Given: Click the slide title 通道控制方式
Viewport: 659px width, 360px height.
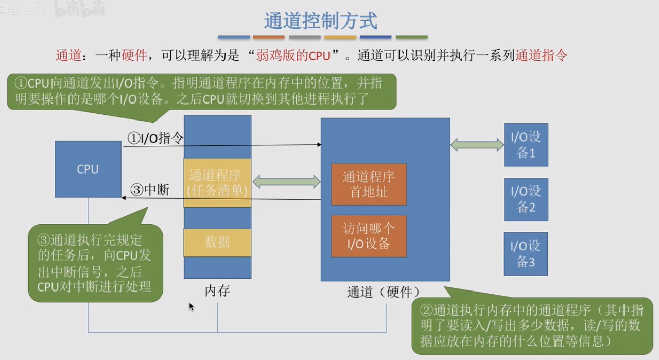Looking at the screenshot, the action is (x=321, y=21).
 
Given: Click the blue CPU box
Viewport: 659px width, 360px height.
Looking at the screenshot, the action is (x=88, y=169).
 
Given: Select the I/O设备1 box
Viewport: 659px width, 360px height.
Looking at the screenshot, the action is (x=526, y=145).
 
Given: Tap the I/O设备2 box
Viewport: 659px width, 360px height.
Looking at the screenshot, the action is (x=526, y=200).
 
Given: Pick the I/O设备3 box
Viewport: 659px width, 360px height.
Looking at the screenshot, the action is (x=526, y=254).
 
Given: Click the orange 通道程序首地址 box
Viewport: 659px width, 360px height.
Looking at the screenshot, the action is (x=369, y=184).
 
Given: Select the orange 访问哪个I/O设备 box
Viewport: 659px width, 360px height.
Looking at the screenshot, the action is (x=369, y=236).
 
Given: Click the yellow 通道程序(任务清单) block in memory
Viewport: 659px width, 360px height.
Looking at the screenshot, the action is (x=217, y=183).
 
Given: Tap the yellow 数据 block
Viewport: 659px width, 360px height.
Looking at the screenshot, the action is (x=217, y=242).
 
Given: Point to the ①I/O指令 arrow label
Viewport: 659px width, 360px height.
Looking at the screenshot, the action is (x=155, y=138).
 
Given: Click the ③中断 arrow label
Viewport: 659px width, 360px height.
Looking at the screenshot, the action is (x=150, y=190).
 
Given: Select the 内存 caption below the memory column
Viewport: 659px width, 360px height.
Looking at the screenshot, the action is (x=217, y=291).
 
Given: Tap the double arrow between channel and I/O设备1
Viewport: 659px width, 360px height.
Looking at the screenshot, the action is (x=477, y=145).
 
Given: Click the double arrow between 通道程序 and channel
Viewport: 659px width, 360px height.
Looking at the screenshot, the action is (x=287, y=182).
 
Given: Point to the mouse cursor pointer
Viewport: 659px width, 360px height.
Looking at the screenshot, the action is (x=192, y=307).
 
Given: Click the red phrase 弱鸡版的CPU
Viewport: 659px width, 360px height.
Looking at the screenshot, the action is (x=293, y=55).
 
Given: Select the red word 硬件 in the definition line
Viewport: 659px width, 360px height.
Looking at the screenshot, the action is (x=134, y=55).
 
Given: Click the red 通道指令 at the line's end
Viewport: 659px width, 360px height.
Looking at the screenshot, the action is (x=541, y=55).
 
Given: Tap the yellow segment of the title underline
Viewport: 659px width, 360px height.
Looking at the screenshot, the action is (x=340, y=37).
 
